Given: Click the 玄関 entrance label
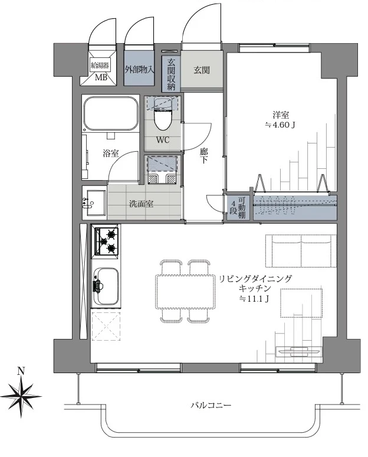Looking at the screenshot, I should [202, 70].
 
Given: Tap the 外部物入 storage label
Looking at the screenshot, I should [140, 70].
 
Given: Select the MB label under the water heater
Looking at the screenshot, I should [101, 77].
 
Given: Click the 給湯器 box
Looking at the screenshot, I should [101, 64].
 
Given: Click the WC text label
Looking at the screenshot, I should [163, 141].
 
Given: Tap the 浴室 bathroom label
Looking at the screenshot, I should [110, 154].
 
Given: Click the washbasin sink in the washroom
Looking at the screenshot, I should [93, 204].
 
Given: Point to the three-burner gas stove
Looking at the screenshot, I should [106, 241].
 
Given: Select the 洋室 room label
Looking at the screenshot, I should [280, 115].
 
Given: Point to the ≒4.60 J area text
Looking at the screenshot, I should [280, 126].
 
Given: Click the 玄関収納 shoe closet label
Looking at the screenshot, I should [172, 74].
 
